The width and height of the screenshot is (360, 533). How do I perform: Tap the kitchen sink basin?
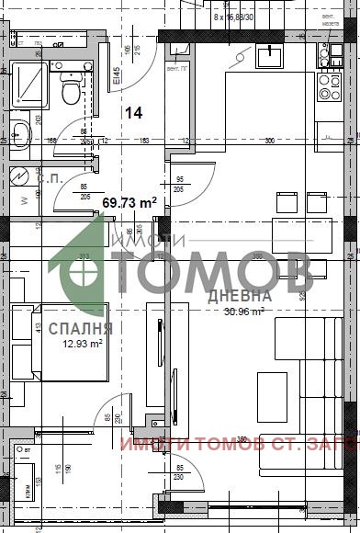click(271, 57)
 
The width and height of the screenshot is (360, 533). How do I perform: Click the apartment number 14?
click(133, 112)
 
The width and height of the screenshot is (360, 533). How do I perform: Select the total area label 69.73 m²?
click(129, 202)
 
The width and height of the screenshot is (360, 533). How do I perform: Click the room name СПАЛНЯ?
click(82, 327)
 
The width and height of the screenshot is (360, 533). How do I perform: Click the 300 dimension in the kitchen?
click(269, 141)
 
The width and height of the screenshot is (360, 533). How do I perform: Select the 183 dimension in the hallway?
click(144, 141)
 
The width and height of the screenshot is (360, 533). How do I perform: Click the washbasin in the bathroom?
click(20, 135)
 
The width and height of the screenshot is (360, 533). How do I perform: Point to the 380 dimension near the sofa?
click(243, 437)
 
